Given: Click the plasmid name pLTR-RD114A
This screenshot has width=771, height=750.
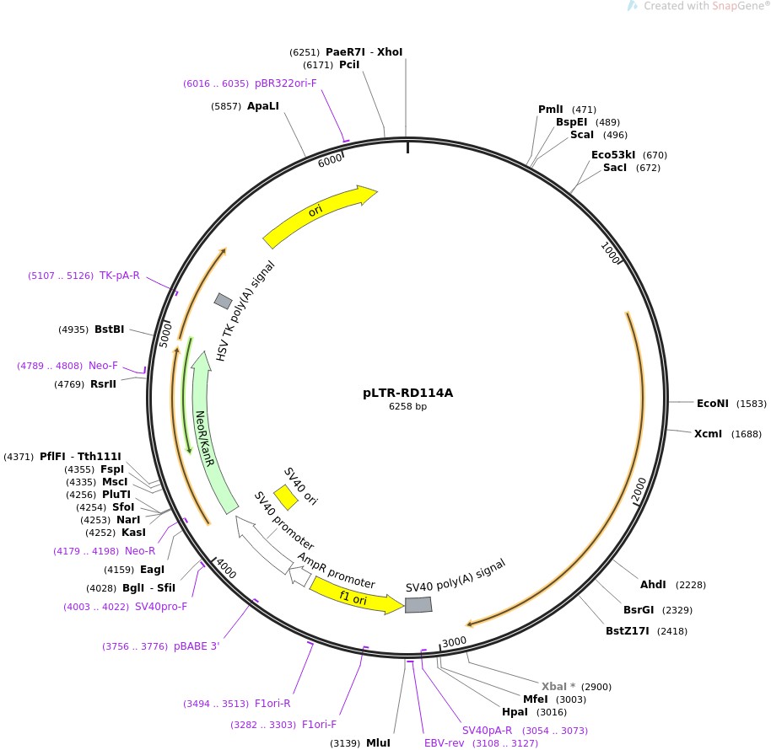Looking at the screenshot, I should point(407,393).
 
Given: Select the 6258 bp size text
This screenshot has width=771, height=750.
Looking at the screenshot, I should point(407,406).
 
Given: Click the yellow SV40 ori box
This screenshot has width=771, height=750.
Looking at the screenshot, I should point(285,498).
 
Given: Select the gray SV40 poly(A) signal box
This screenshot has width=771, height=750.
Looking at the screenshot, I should point(418,605).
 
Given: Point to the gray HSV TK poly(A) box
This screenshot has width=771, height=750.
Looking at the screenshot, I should point(223,301).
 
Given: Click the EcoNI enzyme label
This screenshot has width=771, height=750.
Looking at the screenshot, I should point(712,404).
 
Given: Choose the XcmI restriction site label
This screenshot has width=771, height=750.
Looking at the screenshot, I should point(708,434).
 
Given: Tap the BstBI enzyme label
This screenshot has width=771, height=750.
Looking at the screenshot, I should point(110,329).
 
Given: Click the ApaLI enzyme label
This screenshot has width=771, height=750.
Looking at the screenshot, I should point(262,106).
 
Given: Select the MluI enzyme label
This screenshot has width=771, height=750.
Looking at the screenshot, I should point(378,743).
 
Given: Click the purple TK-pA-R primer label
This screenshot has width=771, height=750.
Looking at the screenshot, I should point(120,276).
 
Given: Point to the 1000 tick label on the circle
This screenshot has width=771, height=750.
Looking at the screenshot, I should point(611,253).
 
